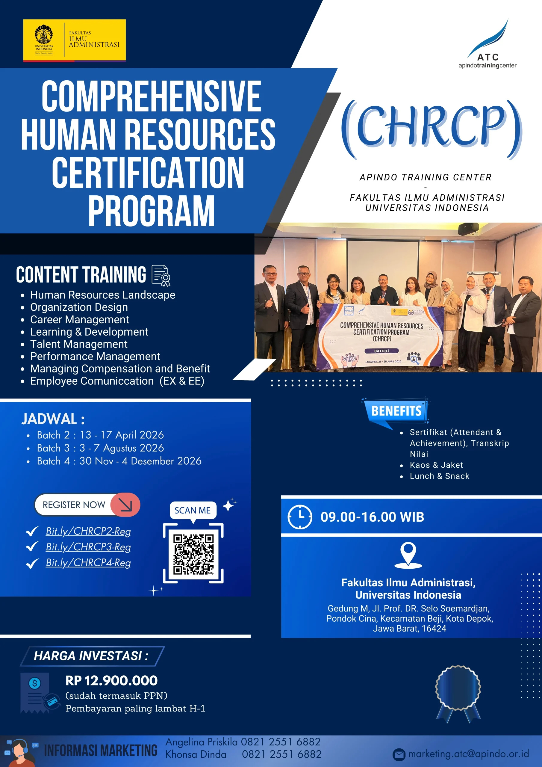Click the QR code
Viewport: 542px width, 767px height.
coord(193,554)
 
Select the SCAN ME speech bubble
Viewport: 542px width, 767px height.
coord(193,511)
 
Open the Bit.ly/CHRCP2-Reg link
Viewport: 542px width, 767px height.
coord(88,531)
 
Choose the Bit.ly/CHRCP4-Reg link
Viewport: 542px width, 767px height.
coord(88,563)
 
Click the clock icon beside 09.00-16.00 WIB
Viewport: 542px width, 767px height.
coord(299,517)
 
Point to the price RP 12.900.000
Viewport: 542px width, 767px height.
coord(111,680)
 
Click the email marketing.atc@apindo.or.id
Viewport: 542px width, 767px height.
coord(469,754)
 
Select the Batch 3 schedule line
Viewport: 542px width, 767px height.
coord(100,448)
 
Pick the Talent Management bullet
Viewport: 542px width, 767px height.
coord(79,344)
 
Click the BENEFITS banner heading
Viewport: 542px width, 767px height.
coord(396,410)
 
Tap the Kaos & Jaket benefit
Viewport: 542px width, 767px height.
coord(436,465)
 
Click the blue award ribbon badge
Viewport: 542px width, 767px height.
coord(458,694)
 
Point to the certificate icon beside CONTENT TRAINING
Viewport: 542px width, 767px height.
coord(161,275)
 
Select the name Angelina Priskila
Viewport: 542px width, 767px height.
coord(201,742)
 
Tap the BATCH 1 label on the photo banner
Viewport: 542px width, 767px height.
coord(382,351)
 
